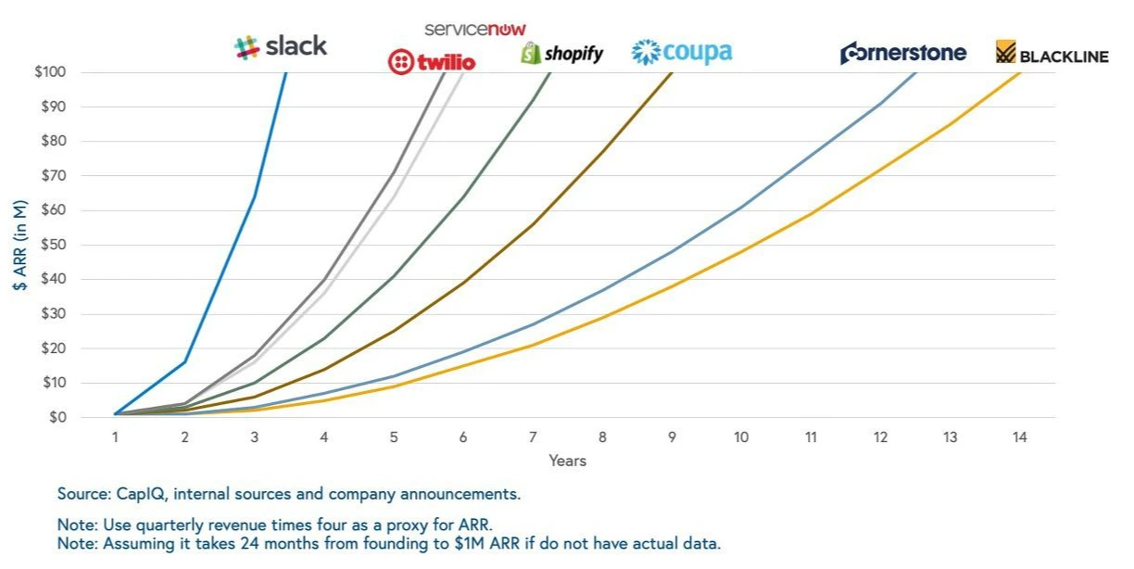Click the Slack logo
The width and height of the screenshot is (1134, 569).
(x=281, y=47)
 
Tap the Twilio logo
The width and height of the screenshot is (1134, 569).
(x=432, y=62)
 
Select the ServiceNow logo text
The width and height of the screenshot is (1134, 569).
(x=475, y=29)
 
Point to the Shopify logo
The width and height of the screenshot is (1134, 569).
(x=561, y=54)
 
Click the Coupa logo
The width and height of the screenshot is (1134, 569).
(x=682, y=52)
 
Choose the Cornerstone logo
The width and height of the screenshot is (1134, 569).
(x=902, y=53)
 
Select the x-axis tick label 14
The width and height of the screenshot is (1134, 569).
(x=1019, y=437)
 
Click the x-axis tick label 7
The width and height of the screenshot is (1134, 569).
(x=533, y=437)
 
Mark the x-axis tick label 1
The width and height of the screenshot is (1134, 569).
(x=116, y=437)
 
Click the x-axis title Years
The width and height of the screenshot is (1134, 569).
(x=567, y=461)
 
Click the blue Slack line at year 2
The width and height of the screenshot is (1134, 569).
(x=185, y=361)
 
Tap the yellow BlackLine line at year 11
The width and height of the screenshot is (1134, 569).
(x=811, y=214)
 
